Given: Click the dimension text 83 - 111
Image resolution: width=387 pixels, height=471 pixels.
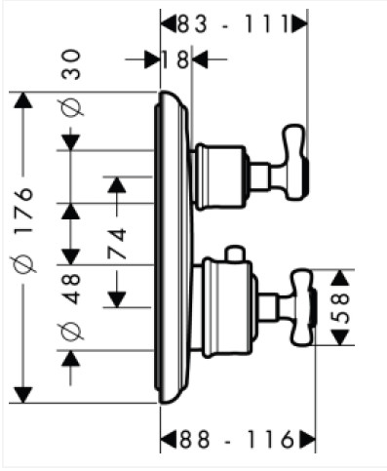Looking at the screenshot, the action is point(233,24).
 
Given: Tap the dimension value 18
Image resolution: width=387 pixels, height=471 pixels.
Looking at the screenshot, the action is point(175,59).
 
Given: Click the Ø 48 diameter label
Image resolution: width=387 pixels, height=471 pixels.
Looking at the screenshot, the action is point(71,306).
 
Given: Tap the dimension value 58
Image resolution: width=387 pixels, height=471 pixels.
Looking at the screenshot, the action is point(340,307).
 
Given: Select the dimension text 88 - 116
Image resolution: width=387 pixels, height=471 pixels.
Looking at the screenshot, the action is point(237,440).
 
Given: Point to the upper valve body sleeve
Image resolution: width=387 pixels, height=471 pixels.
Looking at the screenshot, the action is point(220,176).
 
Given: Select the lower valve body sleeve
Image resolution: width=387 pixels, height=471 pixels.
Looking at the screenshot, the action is point(227,307).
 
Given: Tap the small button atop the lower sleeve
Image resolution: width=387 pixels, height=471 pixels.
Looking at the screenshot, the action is point(236,254).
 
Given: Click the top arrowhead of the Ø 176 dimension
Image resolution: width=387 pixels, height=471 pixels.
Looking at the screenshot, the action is point(23,100).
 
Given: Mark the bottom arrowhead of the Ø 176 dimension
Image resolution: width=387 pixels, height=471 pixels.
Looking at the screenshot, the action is point(23,395).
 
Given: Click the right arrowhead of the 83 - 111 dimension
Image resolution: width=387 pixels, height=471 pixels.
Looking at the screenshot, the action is point(299,24).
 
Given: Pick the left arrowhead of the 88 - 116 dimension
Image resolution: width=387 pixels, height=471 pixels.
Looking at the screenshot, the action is point(169,440).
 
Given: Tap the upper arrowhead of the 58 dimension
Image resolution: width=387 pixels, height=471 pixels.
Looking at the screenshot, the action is point(340,278).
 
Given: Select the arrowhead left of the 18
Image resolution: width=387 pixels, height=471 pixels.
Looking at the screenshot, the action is point(152,59).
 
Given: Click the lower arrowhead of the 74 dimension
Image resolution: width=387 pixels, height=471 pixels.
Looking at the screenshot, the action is point(117,299).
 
